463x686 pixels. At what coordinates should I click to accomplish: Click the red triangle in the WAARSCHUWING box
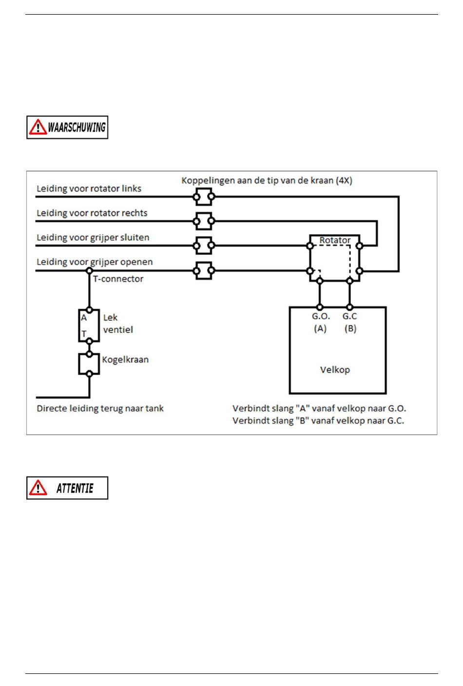[38, 127]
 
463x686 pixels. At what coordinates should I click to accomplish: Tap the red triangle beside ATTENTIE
[38, 487]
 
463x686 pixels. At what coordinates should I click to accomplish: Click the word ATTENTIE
[75, 488]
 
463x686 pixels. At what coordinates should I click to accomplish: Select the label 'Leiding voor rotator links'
[89, 189]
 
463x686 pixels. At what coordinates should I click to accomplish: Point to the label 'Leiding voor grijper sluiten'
[93, 237]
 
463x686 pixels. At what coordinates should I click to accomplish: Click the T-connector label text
[118, 279]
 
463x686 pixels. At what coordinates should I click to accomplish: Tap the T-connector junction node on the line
[89, 271]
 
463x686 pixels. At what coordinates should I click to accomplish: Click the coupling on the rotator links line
[204, 196]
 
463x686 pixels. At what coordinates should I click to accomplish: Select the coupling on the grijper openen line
[204, 270]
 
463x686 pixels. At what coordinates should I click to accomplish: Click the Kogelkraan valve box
[89, 364]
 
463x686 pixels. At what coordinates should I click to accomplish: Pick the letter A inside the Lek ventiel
[84, 318]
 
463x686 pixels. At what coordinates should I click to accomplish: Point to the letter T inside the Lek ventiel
[84, 333]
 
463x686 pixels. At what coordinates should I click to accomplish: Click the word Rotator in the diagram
[335, 240]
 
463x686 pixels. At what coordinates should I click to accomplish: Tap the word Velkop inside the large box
[335, 370]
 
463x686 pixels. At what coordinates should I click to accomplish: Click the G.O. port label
[321, 316]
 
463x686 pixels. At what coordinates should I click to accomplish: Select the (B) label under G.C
[350, 328]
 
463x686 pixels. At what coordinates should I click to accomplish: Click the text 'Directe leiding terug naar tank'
[100, 408]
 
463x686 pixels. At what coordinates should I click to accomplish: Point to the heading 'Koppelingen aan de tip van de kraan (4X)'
[267, 180]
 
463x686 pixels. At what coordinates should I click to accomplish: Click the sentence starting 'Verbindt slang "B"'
[318, 420]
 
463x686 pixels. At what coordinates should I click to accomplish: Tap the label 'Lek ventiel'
[118, 324]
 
